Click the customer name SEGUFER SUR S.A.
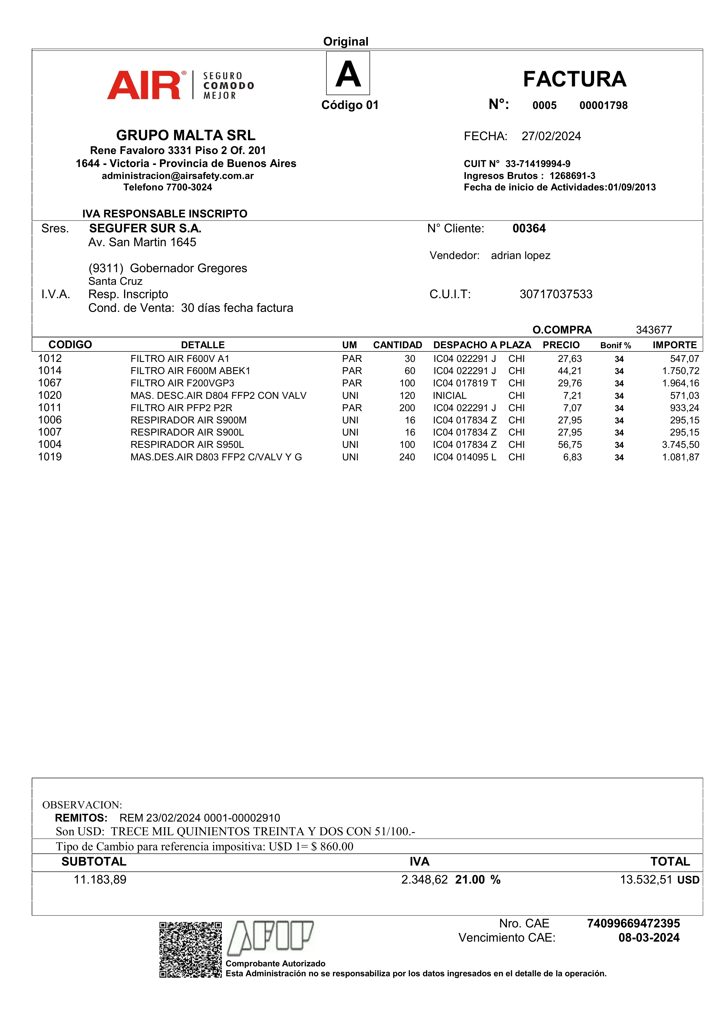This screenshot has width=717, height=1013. pyautogui.click(x=145, y=229)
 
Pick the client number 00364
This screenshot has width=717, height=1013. pyautogui.click(x=529, y=229)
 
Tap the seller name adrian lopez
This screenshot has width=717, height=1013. pyautogui.click(x=521, y=255)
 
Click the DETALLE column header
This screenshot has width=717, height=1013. pyautogui.click(x=203, y=345)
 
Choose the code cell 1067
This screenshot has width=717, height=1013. pyautogui.click(x=50, y=383)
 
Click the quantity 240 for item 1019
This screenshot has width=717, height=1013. pyautogui.click(x=407, y=457)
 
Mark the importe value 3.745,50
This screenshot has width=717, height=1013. pyautogui.click(x=680, y=445)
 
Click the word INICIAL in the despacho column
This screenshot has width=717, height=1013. pyautogui.click(x=449, y=395)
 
